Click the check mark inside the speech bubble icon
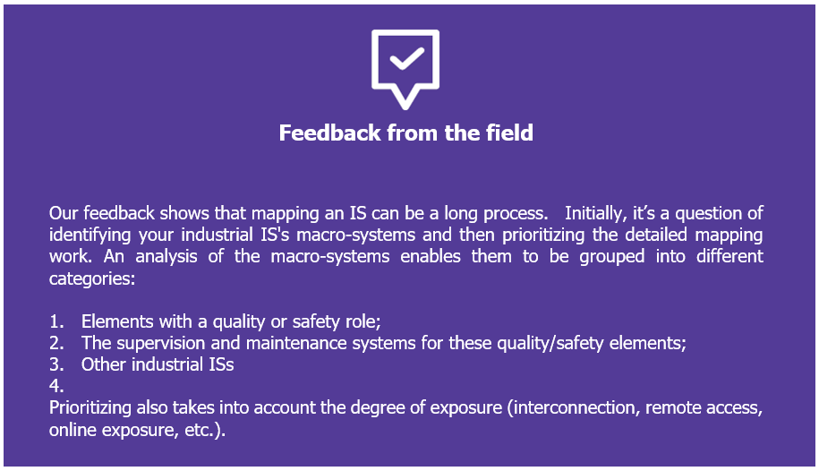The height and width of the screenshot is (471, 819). click(407, 58)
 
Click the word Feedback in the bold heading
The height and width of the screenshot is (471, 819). click(329, 133)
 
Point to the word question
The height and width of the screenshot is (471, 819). click(708, 214)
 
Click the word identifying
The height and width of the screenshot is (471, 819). click(90, 235)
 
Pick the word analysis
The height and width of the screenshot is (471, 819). click(166, 256)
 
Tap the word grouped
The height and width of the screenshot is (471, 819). click(611, 257)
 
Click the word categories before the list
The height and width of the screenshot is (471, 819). click(92, 278)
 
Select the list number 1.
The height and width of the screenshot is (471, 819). click(56, 321)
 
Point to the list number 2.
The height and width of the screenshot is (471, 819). click(56, 343)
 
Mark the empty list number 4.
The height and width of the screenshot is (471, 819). click(56, 386)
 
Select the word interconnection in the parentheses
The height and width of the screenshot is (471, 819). click(573, 407)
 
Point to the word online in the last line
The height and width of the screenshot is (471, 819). click(73, 430)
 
